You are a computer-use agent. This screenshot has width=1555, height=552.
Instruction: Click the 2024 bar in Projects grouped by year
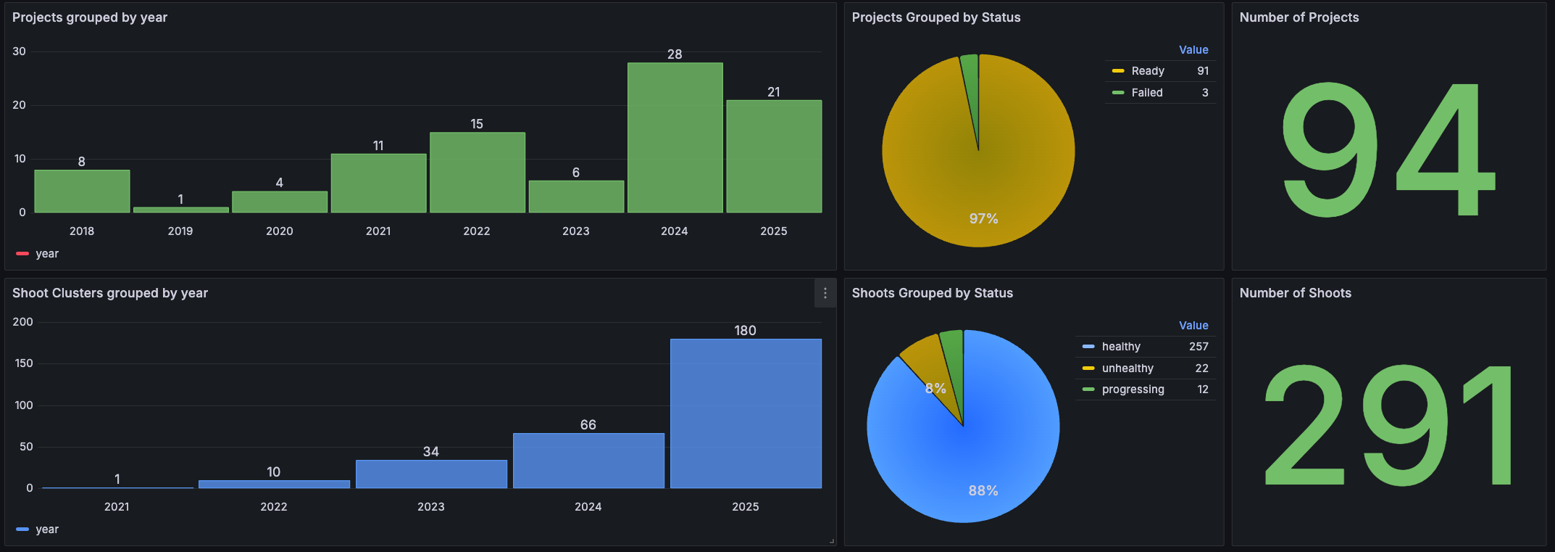(675, 138)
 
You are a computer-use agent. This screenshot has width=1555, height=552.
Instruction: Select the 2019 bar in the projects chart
(180, 210)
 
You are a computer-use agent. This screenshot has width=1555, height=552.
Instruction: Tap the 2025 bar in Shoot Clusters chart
(746, 413)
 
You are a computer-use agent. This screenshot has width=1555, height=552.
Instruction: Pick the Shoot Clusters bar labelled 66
(588, 461)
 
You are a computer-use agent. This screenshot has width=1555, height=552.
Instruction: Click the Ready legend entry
(1148, 71)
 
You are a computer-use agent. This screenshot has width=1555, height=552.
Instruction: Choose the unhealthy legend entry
(1127, 368)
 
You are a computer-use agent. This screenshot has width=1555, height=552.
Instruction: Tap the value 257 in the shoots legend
(1198, 347)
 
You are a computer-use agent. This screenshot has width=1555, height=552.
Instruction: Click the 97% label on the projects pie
(983, 218)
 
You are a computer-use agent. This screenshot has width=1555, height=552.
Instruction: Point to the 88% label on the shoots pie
(983, 491)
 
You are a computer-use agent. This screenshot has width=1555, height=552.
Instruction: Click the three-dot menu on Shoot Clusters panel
(825, 293)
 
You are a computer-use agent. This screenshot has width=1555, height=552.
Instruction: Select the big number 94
(1388, 150)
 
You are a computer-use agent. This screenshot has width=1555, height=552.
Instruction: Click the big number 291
(1388, 426)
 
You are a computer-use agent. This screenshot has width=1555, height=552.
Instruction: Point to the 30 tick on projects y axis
(20, 52)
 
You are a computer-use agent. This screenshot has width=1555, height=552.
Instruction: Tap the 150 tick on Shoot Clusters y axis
(24, 363)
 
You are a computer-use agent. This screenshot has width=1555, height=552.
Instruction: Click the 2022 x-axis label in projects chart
(477, 231)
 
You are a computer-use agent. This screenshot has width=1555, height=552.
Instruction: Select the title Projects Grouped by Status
(935, 17)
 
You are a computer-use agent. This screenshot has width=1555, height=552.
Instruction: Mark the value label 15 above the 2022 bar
(477, 124)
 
